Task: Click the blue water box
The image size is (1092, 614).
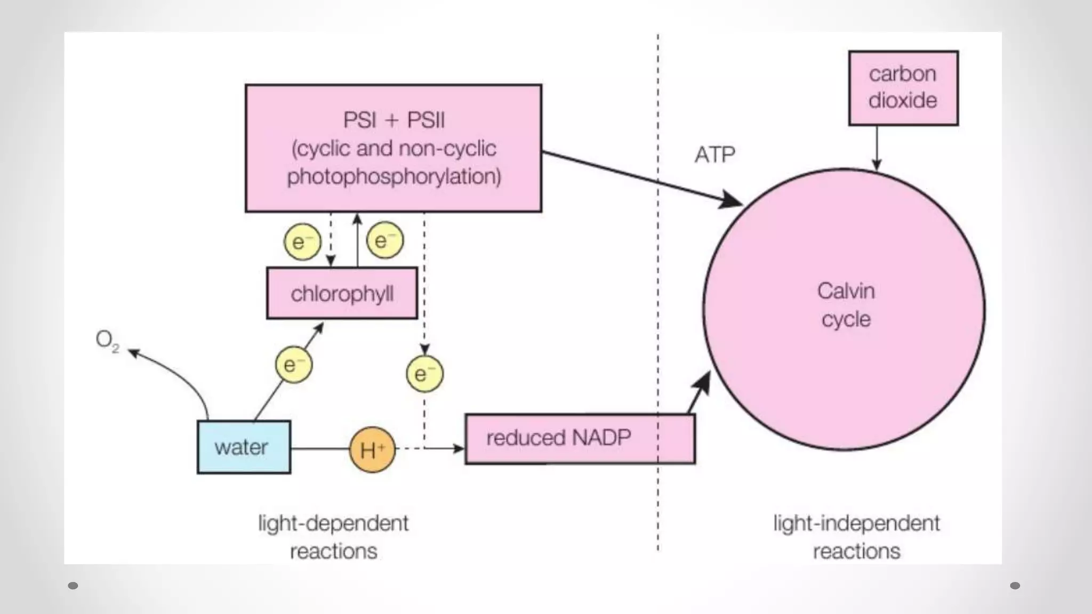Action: [244, 447]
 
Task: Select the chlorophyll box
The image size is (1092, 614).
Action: [342, 294]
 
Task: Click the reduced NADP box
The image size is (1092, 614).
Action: [580, 439]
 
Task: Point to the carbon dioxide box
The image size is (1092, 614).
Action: [903, 88]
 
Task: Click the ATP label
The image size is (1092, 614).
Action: [714, 155]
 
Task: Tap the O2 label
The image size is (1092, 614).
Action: [107, 340]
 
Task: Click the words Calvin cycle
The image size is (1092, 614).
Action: [846, 305]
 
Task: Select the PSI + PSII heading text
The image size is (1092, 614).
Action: [394, 120]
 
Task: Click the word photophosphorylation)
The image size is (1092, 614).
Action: [394, 176]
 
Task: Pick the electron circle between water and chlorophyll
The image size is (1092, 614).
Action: [293, 365]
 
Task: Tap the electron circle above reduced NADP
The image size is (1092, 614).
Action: [424, 374]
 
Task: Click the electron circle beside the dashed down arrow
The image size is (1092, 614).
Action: [302, 241]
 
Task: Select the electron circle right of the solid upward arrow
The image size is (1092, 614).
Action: [385, 240]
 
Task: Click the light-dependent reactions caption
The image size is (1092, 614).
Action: [333, 537]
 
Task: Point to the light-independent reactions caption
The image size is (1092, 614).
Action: [856, 537]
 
